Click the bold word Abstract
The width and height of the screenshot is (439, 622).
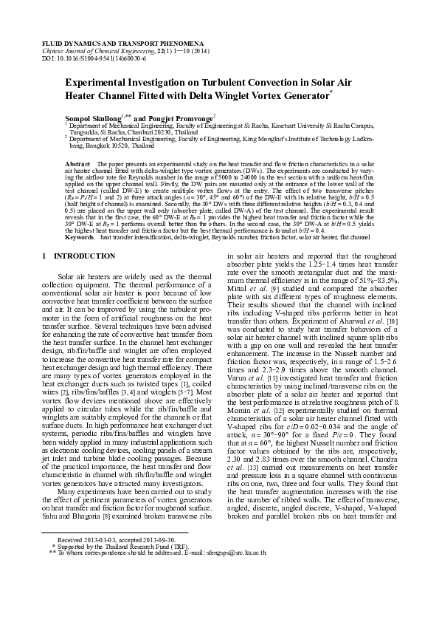point(77,162)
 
